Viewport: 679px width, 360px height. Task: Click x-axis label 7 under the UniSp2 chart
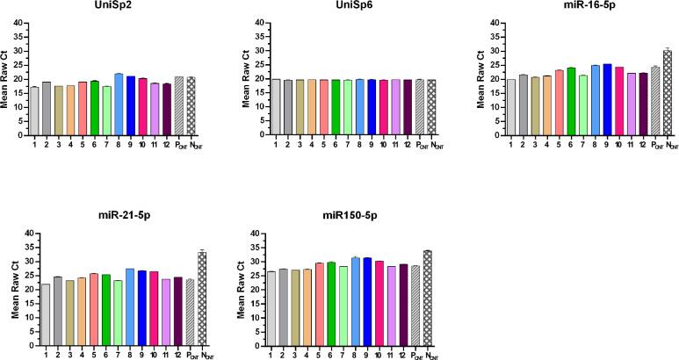click(106, 144)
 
